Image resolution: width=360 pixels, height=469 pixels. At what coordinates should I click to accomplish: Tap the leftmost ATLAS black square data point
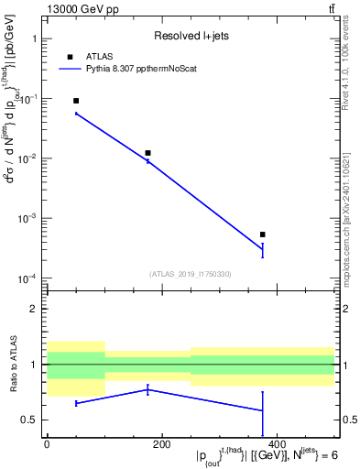tap(76, 101)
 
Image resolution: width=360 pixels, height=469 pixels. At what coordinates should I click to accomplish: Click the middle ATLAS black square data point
tap(147, 153)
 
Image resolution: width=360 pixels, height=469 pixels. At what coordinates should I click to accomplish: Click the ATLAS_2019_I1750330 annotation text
tap(190, 274)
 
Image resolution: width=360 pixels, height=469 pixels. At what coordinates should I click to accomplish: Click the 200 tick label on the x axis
tap(161, 444)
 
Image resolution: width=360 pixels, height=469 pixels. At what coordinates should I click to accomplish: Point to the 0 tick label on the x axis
tap(47, 444)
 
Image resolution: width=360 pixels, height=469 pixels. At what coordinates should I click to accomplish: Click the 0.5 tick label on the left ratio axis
tap(30, 420)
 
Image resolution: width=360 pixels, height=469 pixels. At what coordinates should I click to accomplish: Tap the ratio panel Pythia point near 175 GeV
tap(147, 389)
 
